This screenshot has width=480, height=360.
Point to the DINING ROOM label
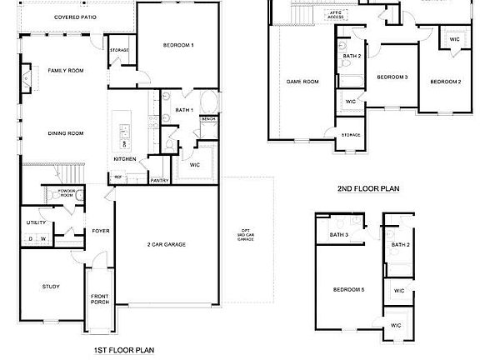coord(65,133)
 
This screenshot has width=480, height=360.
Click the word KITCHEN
coord(125,159)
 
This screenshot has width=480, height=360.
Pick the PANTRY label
coord(159,180)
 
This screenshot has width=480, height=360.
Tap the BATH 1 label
coord(184,110)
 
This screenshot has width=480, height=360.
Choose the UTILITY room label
coord(36,222)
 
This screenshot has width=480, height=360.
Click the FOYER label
coord(100,231)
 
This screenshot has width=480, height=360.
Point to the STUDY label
coord(51,287)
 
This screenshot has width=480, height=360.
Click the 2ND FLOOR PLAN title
coord(367,189)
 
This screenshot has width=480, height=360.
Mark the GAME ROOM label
coord(303,82)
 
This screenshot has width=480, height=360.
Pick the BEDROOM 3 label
coord(392,77)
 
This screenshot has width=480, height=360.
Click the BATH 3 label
coord(338,235)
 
